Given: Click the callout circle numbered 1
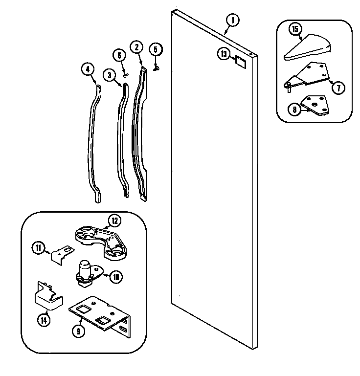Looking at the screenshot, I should coord(233,21).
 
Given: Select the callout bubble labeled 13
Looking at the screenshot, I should coord(224,54).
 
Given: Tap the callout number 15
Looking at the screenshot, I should coord(294,30).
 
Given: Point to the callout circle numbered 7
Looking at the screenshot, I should coord(339,88).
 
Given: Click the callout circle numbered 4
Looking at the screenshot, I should coord(88,70).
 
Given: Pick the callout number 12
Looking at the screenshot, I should coord(114,221).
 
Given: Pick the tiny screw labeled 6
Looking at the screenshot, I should coord(126,75).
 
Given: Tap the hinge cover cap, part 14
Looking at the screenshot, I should coord(47,296).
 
